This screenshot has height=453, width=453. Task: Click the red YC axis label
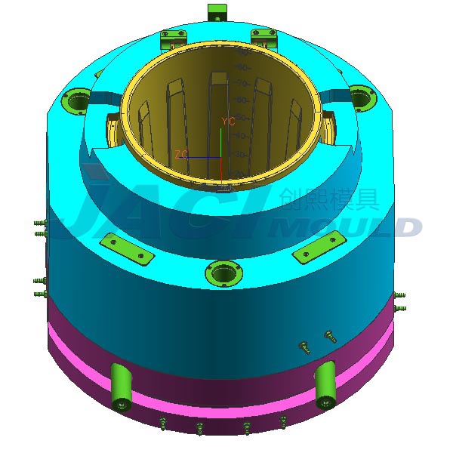click(x=228, y=121)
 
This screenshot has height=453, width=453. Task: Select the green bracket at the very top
click(x=217, y=12)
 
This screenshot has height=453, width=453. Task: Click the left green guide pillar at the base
click(x=121, y=386)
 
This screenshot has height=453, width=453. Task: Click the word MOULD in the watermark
click(x=347, y=226)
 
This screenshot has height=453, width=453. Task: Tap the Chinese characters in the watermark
click(x=328, y=199)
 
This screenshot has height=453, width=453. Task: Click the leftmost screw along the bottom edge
click(x=162, y=424)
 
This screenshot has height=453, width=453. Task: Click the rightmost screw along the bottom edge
click(x=283, y=422)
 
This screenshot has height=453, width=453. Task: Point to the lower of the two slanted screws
click(x=304, y=347)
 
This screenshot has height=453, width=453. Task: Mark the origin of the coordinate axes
click(x=220, y=157)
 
